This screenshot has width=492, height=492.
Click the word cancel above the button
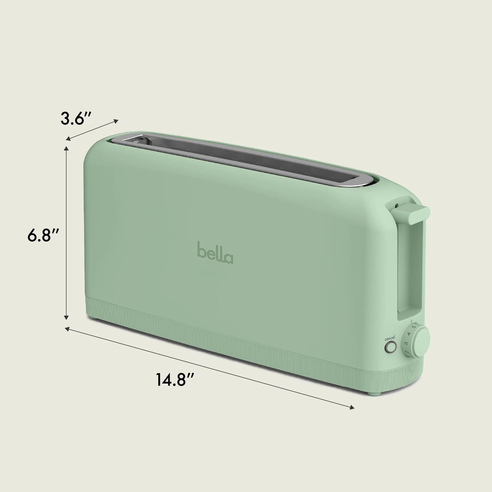point(390,338)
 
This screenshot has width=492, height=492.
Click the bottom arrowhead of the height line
point(66,317)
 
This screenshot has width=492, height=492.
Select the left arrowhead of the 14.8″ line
point(67,329)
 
